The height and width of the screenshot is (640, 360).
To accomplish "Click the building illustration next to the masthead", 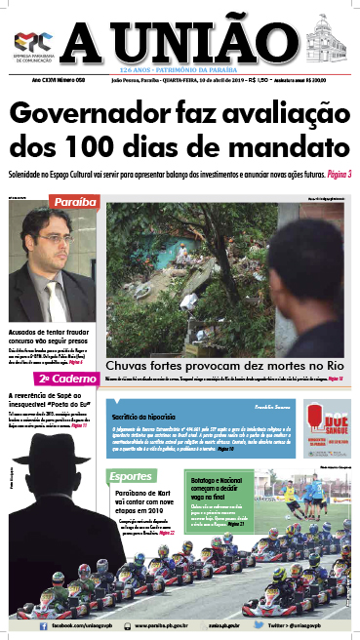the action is pyautogui.click(x=327, y=43).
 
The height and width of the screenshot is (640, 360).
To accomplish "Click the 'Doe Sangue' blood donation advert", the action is pyautogui.click(x=326, y=424).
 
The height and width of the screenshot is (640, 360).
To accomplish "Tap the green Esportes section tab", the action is pyautogui.click(x=129, y=476).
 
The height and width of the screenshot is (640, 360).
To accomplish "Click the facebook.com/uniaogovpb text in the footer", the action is pyautogui.click(x=54, y=621).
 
